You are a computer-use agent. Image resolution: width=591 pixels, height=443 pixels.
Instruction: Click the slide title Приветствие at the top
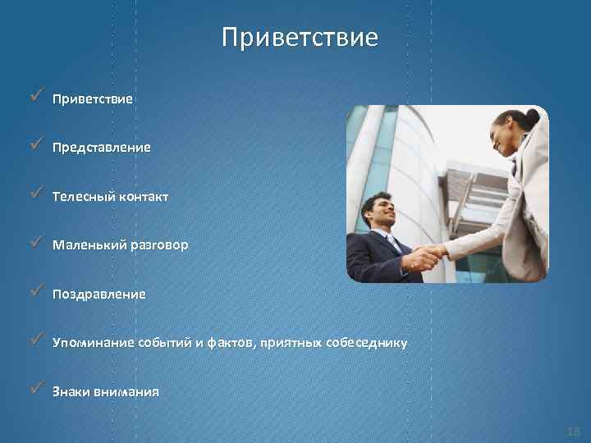click(300, 38)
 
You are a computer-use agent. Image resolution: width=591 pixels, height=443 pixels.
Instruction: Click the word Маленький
click(88, 245)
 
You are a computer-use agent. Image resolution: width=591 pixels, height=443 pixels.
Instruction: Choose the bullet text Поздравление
click(98, 294)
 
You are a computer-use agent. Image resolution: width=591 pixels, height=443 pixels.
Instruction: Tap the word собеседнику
click(367, 343)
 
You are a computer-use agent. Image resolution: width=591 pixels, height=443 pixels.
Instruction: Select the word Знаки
click(70, 391)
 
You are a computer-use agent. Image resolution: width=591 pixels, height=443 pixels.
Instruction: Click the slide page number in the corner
click(572, 431)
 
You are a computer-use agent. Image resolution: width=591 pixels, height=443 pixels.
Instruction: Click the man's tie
click(395, 244)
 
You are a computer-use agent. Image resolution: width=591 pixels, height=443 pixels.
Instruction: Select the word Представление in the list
click(101, 148)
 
